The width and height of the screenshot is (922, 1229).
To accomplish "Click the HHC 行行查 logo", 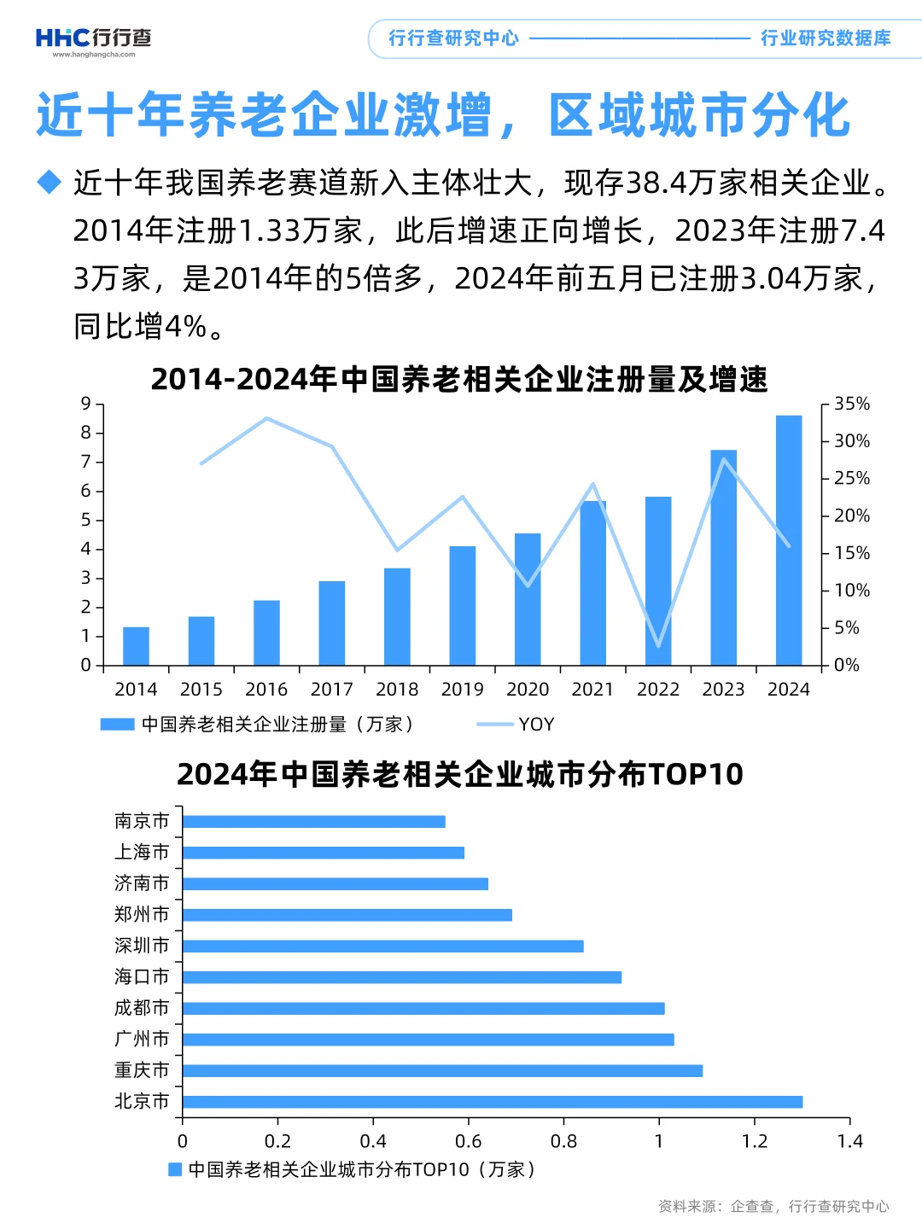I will [x=93, y=39].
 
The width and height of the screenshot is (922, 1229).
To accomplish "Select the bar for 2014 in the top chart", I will [x=136, y=646].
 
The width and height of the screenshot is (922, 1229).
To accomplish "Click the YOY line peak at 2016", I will [x=266, y=418].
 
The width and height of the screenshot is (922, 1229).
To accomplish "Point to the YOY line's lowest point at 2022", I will [x=658, y=645].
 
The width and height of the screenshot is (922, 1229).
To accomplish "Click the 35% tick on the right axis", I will [x=851, y=404].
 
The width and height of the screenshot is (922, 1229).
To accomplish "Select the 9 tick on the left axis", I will [x=85, y=404].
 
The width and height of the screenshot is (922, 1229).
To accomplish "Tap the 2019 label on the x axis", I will [x=462, y=689].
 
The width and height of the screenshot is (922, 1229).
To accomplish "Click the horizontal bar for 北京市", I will [x=493, y=1102].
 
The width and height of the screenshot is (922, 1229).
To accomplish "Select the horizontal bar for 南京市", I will [x=313, y=822].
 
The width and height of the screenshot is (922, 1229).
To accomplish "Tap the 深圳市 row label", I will [x=142, y=946].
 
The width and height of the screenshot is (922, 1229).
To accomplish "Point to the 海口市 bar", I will [x=401, y=977].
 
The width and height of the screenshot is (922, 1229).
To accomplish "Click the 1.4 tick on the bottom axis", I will [x=849, y=1141].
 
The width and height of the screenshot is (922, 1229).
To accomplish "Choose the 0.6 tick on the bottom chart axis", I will [x=468, y=1141].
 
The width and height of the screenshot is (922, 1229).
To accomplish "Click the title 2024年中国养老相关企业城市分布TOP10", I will [x=460, y=774].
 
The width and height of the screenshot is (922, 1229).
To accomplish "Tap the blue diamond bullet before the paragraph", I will [x=50, y=182].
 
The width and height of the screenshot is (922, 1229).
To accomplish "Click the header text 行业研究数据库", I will [x=826, y=38].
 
